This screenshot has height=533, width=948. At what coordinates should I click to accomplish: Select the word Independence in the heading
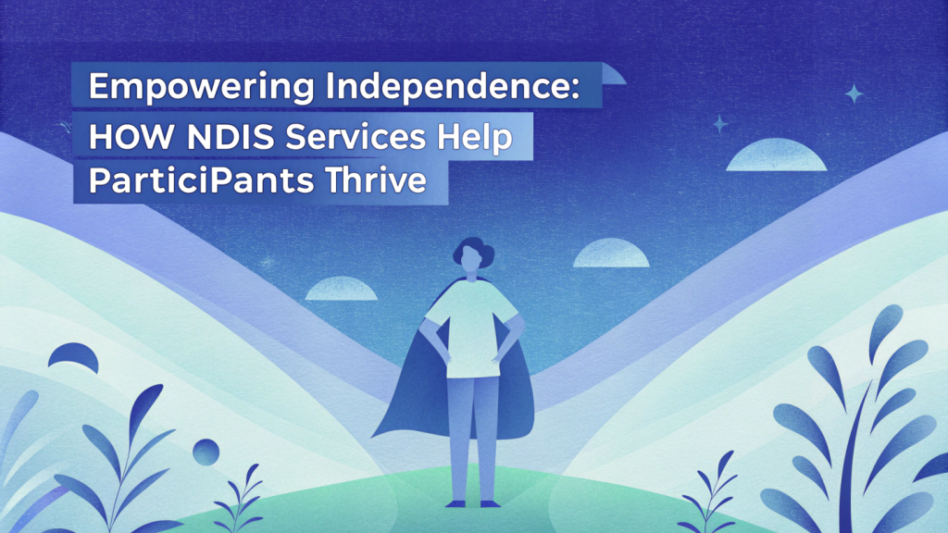tap(445, 86)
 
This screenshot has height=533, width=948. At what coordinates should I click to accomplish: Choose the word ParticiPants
tap(201, 180)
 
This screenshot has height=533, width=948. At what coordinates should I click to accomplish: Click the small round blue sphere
tap(206, 452)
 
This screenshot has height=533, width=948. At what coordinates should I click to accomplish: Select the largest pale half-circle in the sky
tap(777, 155)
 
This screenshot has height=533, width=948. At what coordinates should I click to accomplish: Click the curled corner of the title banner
tap(613, 74)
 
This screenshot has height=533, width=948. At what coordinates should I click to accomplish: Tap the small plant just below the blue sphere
tap(241, 499)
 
